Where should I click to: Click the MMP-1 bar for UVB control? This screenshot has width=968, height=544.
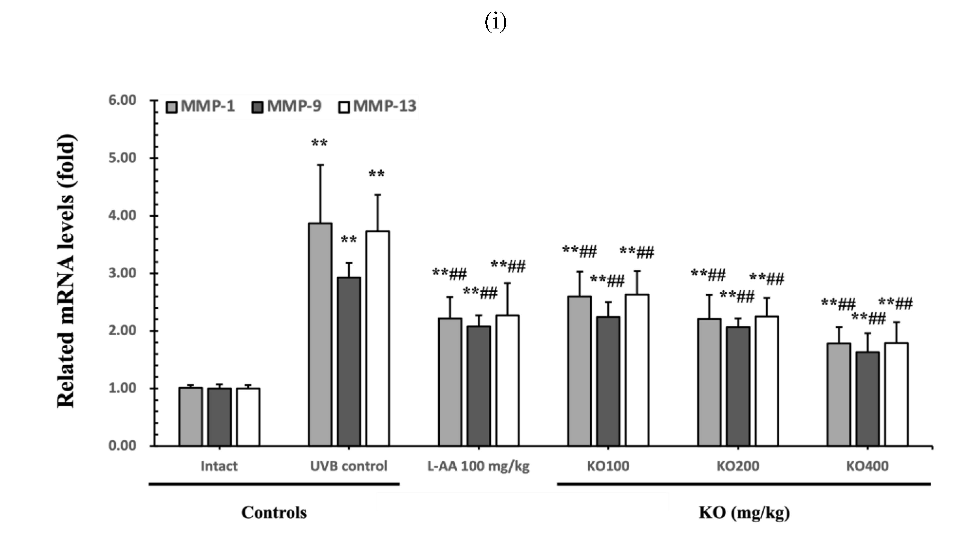[320, 334]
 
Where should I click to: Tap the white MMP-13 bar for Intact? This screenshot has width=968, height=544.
[248, 417]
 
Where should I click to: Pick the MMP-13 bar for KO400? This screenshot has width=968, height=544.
[896, 395]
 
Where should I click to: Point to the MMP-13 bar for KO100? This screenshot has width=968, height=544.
[637, 370]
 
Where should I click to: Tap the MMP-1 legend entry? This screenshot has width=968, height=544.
[201, 106]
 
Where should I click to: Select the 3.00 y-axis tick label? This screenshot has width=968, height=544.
[122, 273]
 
